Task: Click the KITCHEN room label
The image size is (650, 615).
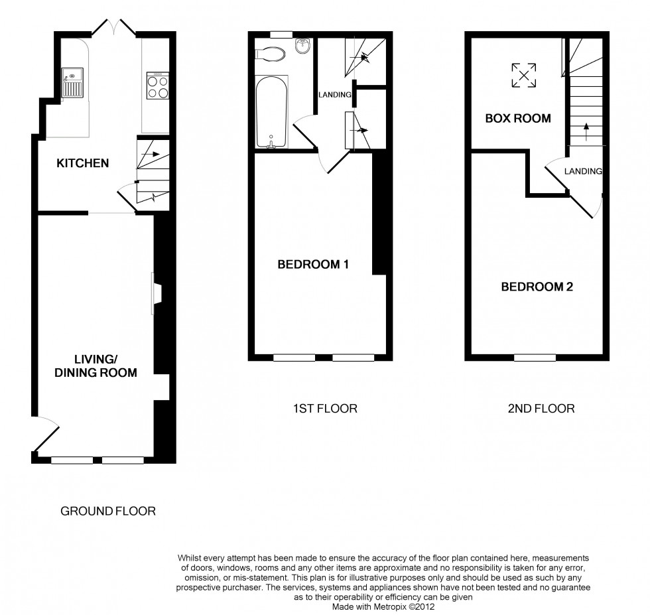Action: [x=82, y=163]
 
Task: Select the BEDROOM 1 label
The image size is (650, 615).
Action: [x=313, y=265]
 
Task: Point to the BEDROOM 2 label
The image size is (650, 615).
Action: [x=537, y=287]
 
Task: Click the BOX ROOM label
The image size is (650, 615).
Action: [x=518, y=119]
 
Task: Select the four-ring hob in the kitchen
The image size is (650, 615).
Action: [x=157, y=86]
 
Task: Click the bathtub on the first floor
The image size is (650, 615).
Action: [x=272, y=113]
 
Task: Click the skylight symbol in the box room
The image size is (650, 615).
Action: [x=523, y=74]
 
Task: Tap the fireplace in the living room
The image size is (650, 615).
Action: [x=156, y=293]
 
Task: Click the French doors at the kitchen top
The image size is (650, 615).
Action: [x=115, y=27]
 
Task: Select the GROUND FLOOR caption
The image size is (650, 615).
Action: [x=108, y=511]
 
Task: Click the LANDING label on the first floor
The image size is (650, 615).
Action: [x=334, y=95]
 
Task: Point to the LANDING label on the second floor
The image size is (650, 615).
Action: [x=583, y=171]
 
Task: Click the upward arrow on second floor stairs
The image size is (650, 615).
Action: [x=585, y=129]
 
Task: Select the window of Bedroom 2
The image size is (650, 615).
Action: [x=535, y=358]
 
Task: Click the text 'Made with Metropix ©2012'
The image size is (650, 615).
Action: [x=384, y=606]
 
